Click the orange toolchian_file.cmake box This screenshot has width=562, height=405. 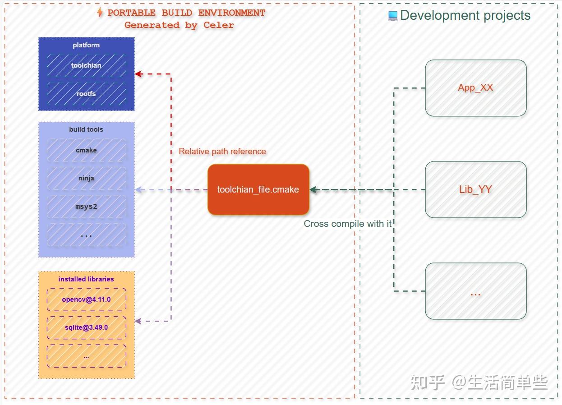coord(258,189)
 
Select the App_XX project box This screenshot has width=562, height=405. coord(475,88)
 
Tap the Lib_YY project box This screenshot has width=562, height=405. coord(475,189)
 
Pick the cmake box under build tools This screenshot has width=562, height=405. coord(86,150)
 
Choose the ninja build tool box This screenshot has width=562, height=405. coord(86,178)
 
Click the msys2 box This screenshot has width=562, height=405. coord(86,207)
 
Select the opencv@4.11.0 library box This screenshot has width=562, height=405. coord(86,299)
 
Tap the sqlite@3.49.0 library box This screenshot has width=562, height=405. coord(86,327)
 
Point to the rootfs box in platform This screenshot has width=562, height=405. coord(86,94)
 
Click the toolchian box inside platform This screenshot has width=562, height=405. coord(86,65)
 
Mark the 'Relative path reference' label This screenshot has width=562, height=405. coord(222,152)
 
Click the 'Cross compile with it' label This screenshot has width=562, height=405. coord(348,224)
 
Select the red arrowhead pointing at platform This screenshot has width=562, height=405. coord(138,74)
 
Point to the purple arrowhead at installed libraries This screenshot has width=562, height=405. coord(138,321)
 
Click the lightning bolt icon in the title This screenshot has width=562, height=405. coord(100,13)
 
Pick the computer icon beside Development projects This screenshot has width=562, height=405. coord(392,16)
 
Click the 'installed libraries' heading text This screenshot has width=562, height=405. coord(86,279)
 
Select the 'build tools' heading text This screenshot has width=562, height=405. coord(86,129)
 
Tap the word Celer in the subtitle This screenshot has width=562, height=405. coord(219,25)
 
